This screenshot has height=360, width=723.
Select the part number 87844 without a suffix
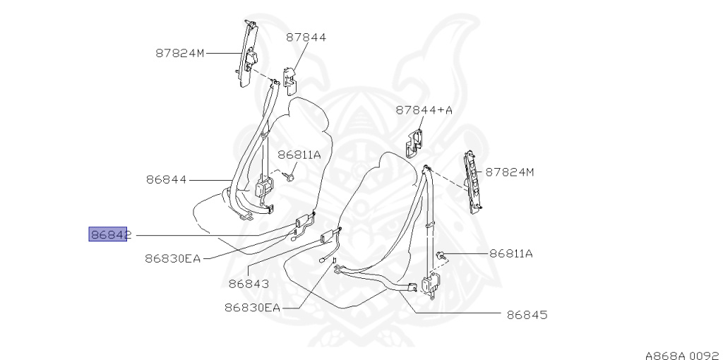pyautogui.click(x=306, y=37)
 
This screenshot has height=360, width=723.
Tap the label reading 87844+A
pyautogui.click(x=424, y=110)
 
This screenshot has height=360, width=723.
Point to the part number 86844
pyautogui.click(x=167, y=179)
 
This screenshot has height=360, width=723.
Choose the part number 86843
pyautogui.click(x=249, y=284)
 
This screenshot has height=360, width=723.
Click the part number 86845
pyautogui.click(x=527, y=315)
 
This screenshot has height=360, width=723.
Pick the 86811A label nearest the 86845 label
pyautogui.click(x=511, y=253)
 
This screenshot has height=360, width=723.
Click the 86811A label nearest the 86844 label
pyautogui.click(x=299, y=155)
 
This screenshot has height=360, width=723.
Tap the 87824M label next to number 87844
pyautogui.click(x=180, y=53)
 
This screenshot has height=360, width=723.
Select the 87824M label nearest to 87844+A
pyautogui.click(x=510, y=172)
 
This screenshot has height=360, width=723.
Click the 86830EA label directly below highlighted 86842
pyautogui.click(x=173, y=258)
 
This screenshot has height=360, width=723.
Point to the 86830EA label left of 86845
pyautogui.click(x=253, y=308)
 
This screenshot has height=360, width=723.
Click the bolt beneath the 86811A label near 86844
pyautogui.click(x=289, y=176)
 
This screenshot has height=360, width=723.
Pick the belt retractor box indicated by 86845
pyautogui.click(x=429, y=284)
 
